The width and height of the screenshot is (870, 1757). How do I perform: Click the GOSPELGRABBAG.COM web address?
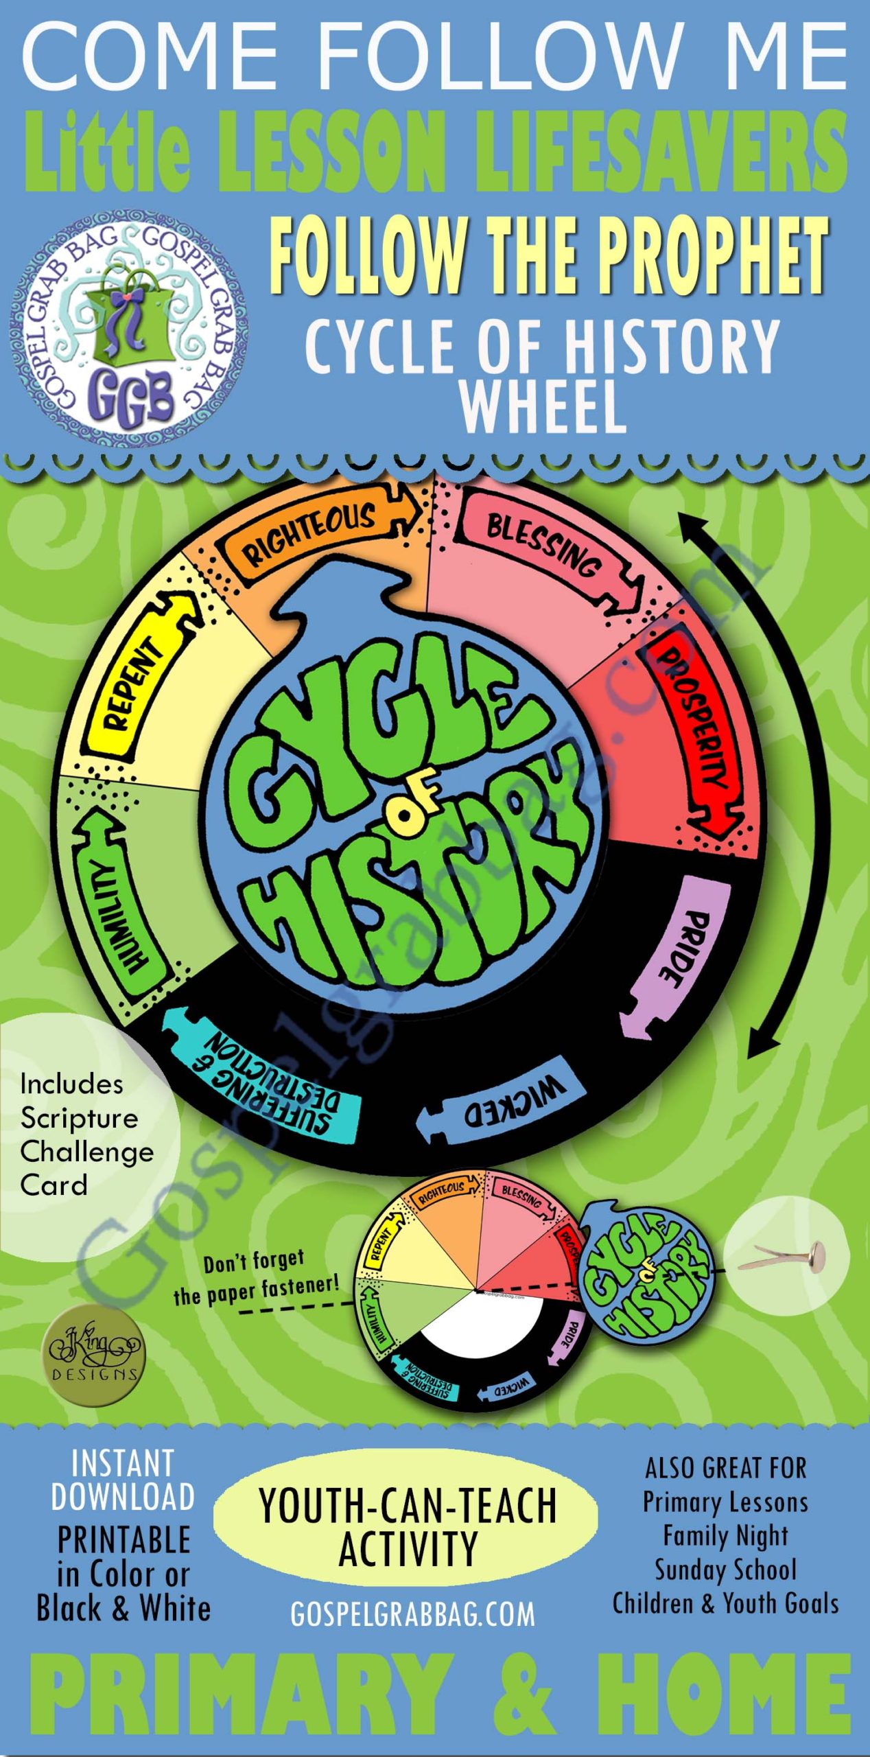tap(412, 1615)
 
